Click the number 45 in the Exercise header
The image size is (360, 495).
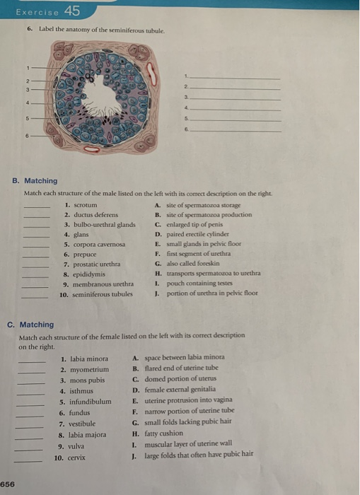71,10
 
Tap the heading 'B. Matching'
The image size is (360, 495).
35,181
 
